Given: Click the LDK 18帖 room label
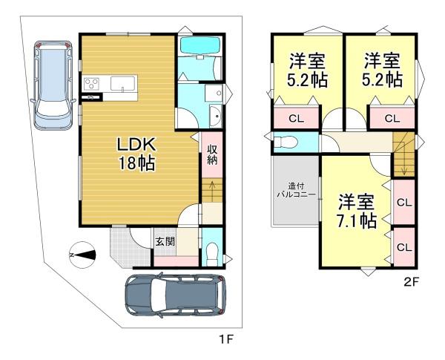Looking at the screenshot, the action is [x=136, y=154].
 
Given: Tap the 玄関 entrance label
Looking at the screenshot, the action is [x=165, y=242].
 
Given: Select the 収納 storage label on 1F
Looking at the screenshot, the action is [x=212, y=154].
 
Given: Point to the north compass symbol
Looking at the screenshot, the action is [x=82, y=255].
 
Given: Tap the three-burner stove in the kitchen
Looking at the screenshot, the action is [x=91, y=84].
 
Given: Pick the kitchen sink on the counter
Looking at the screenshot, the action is [x=123, y=84].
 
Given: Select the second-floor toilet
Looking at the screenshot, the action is [x=286, y=142].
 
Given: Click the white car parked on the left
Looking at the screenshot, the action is [x=53, y=85].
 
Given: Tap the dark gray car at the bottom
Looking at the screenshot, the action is [x=176, y=295].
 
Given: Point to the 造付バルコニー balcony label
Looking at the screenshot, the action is [x=296, y=191].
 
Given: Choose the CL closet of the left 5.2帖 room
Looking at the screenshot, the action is [x=296, y=119].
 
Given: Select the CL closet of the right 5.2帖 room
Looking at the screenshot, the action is [x=392, y=119].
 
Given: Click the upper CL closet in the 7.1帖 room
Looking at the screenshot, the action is [x=404, y=203].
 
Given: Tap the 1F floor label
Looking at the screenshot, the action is [x=226, y=339].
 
